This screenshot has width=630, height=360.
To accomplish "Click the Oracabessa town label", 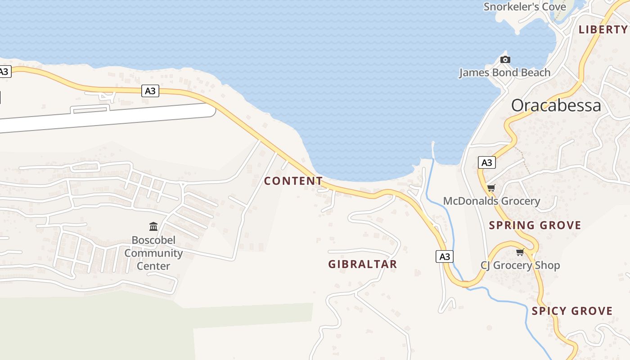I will tap(556, 105).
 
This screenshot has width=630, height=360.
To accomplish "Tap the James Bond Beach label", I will tap(504, 72).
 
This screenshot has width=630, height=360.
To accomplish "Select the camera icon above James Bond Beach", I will tap(505, 59).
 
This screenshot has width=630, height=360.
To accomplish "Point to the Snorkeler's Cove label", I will tap(518, 7).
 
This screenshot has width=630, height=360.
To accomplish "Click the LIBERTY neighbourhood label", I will tap(603, 30).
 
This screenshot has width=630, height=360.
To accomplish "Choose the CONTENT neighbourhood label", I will tap(293, 181).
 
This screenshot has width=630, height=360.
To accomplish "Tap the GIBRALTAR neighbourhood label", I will tap(362, 264).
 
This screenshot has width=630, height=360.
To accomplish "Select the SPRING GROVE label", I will tap(535, 225).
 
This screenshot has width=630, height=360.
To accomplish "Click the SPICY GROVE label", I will tap(572, 311).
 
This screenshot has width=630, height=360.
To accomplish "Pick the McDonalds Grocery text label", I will tap(491, 201).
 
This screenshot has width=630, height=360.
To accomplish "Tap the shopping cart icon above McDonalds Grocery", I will tap(491, 188).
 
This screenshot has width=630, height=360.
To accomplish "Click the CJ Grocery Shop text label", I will tap(520, 265).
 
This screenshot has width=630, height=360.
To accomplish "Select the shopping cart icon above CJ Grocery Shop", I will tap(520, 252).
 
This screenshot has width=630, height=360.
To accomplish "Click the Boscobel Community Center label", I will tap(153, 253).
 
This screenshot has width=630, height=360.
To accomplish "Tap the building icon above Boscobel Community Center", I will tap(153, 226).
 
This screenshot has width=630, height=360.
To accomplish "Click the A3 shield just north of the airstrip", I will tap(150, 91).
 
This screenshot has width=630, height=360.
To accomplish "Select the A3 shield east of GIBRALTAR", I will tap(444, 256).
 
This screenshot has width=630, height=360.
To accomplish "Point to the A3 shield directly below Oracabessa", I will tap(486, 162).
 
